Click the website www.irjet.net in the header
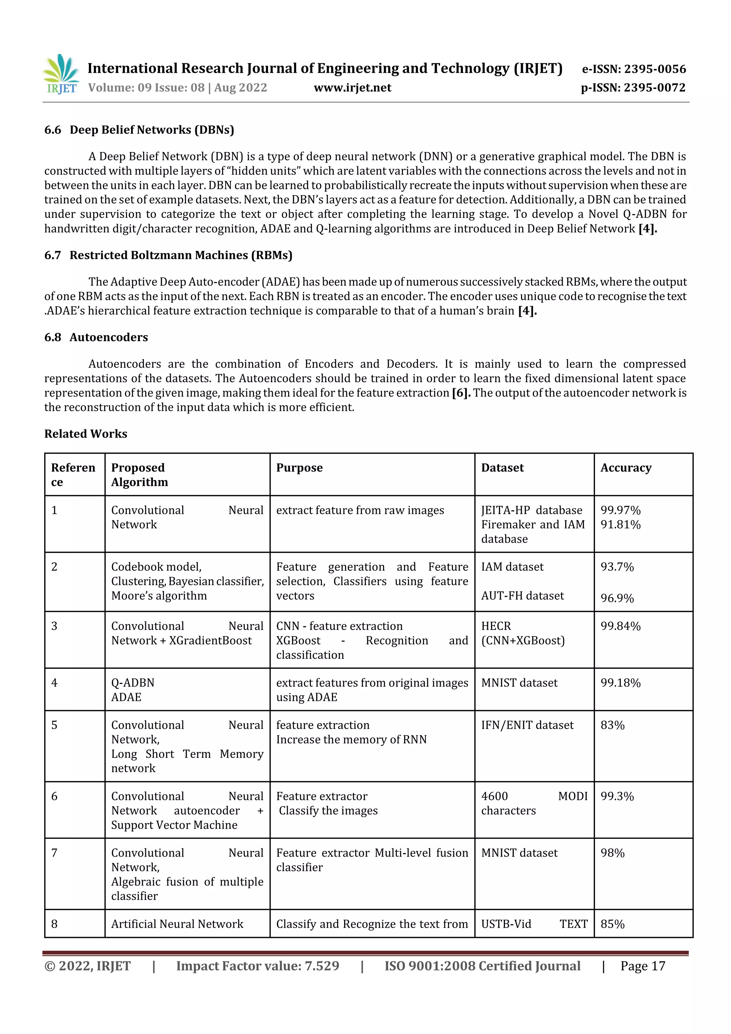click(352, 88)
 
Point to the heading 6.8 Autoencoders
click(96, 337)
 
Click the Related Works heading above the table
click(86, 434)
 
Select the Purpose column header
click(299, 468)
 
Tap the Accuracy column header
click(626, 468)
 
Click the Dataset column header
click(502, 468)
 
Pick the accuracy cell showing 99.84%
click(620, 626)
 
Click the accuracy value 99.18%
click(620, 683)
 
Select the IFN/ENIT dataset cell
click(527, 725)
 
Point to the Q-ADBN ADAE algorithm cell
click(132, 690)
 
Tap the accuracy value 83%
click(612, 725)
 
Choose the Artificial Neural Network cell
click(177, 924)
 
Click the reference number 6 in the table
click(55, 796)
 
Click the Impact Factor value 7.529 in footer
click(257, 966)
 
